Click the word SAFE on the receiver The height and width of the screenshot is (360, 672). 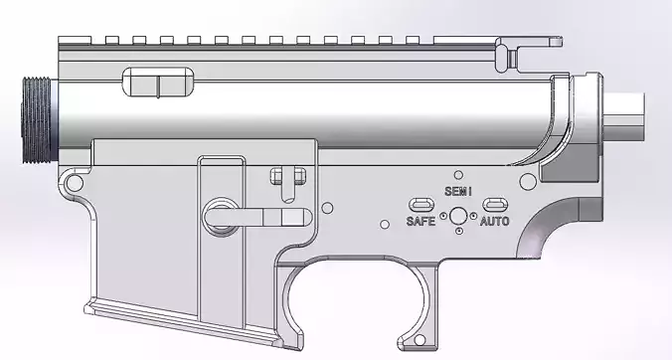420,221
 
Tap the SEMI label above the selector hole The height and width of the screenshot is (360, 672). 458,190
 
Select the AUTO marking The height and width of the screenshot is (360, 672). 495,221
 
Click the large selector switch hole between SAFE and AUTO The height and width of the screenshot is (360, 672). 458,216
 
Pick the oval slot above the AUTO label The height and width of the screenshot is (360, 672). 494,206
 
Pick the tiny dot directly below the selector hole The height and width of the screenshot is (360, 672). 458,233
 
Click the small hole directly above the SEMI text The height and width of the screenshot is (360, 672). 458,173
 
